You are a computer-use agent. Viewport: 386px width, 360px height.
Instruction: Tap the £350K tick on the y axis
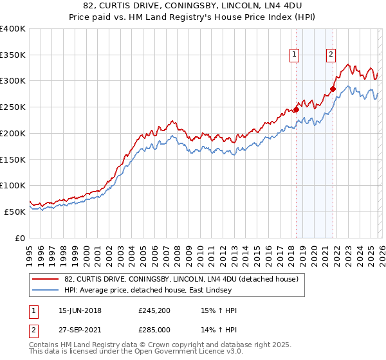13,55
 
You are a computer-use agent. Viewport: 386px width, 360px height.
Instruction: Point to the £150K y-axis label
13,159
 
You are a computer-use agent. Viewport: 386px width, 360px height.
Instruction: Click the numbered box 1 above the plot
294,55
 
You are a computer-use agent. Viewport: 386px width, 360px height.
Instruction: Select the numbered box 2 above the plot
331,55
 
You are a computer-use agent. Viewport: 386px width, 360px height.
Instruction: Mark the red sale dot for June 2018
297,109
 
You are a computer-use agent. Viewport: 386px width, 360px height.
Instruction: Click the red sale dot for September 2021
333,89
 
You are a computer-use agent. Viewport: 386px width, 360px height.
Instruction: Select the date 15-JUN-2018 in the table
80,310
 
